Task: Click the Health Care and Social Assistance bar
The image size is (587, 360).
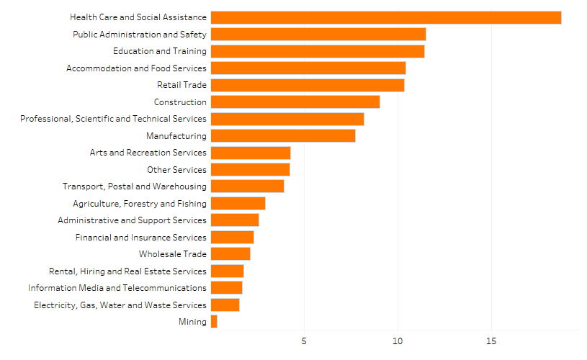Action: coord(386,17)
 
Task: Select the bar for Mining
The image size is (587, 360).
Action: coord(214,322)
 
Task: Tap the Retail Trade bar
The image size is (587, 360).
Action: coord(308,85)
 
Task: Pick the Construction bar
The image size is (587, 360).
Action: coord(295,102)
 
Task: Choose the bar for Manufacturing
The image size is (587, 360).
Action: coord(283,136)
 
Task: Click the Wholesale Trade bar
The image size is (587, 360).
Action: coord(230,254)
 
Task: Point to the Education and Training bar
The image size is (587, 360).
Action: coord(318,51)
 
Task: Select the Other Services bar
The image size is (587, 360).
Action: coord(251,170)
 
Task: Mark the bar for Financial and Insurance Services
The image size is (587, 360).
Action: coord(233,238)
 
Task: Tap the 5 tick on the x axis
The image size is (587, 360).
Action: coord(304,339)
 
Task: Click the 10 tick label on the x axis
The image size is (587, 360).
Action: coord(398,339)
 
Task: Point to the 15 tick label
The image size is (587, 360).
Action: coord(491,339)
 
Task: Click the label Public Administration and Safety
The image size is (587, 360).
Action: coord(140,35)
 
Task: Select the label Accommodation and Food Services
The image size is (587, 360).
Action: coord(136,68)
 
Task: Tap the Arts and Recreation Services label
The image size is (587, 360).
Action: coord(148,153)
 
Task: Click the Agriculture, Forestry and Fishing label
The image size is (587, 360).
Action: coord(140,204)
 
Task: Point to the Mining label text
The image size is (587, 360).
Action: coord(192,322)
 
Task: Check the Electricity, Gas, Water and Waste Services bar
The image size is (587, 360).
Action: coord(225,305)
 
